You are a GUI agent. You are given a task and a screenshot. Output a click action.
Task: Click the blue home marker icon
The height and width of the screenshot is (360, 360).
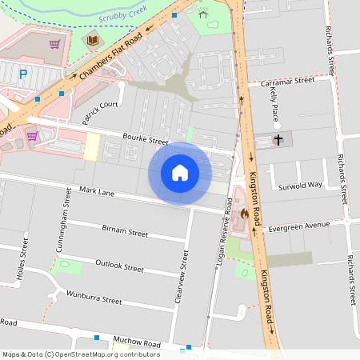pyautogui.click(x=180, y=172)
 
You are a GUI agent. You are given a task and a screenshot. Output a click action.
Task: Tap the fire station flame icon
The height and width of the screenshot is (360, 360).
pyautogui.click(x=242, y=214)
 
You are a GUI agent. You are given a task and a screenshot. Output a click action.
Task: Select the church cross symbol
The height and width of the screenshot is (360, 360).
pyautogui.click(x=278, y=140)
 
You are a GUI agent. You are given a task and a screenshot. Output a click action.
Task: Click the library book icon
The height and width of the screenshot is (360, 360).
pyautogui.click(x=93, y=39)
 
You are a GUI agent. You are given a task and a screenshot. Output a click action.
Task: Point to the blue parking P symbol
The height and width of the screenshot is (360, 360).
pyautogui.click(x=23, y=74)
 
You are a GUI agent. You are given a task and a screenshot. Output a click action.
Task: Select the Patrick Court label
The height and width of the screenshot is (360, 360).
pyautogui.click(x=100, y=112)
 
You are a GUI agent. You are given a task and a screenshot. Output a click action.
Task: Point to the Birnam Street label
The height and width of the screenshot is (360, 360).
pyautogui.click(x=125, y=232)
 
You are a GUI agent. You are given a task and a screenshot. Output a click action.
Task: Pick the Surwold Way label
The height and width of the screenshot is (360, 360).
pyautogui.click(x=300, y=185)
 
